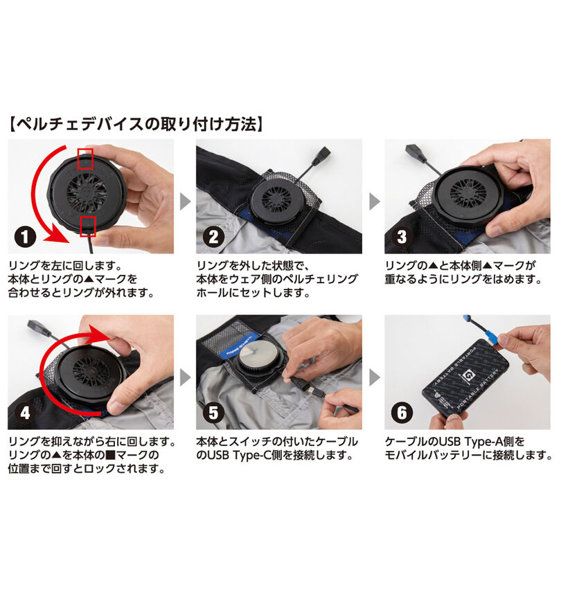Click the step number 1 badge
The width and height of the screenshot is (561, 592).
[x=26, y=237]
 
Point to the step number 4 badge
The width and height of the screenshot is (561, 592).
[x=26, y=413]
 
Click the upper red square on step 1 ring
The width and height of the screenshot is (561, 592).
[x=84, y=158]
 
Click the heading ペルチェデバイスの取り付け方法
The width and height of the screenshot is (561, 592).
[x=136, y=125]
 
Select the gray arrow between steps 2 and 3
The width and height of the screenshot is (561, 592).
[x=374, y=201]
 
